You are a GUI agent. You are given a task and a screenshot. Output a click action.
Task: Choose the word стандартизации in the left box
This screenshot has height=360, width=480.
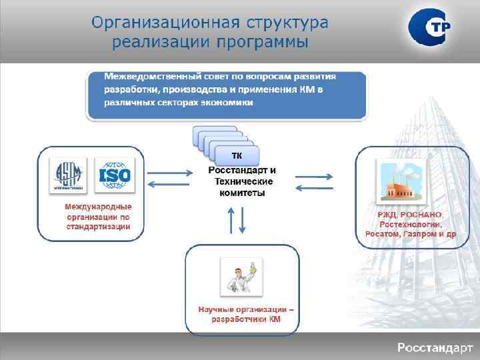pos(98,227)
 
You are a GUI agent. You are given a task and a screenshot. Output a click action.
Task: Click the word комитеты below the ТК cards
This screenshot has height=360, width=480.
pos(242,193)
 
